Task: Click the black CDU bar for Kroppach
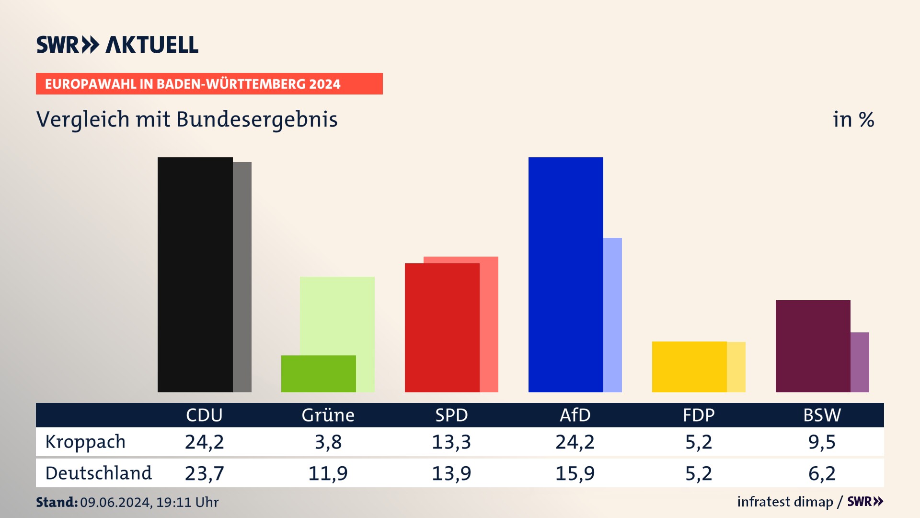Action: tap(195, 274)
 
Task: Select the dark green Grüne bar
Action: tap(318, 374)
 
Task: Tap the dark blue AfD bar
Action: tap(565, 274)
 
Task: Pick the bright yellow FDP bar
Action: tap(689, 366)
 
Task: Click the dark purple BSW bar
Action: tap(813, 346)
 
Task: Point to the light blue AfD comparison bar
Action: tap(612, 315)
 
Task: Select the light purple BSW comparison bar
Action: tap(860, 362)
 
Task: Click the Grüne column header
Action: tap(328, 415)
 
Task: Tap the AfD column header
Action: tap(575, 415)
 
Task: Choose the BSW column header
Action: tap(822, 415)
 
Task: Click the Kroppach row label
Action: tap(85, 442)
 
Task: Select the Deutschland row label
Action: tap(98, 473)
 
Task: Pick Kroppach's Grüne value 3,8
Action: tap(328, 442)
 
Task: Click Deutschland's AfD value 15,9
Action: tap(575, 473)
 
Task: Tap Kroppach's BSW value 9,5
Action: tap(822, 442)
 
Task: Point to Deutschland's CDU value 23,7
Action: tap(205, 473)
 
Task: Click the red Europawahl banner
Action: tap(209, 84)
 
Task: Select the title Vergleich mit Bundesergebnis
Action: tap(187, 119)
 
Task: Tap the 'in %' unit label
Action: tap(853, 119)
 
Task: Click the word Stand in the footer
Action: tap(57, 502)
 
